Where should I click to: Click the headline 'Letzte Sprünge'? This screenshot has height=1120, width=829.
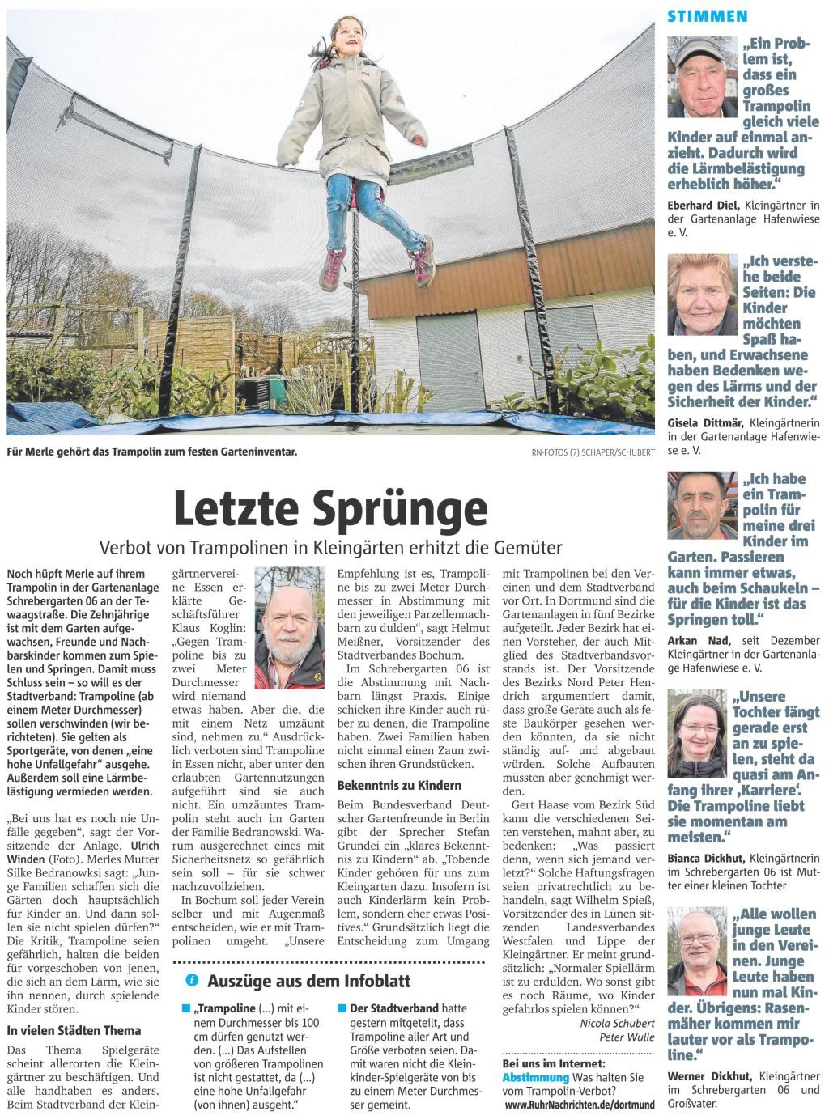point(330,507)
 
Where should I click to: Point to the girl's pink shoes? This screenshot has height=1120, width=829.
point(376,265)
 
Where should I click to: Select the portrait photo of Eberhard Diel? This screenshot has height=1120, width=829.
point(702,77)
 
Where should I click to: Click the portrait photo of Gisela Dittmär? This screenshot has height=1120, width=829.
point(702,295)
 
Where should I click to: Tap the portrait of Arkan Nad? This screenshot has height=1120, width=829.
point(702,506)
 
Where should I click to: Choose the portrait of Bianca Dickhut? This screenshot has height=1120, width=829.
point(697,733)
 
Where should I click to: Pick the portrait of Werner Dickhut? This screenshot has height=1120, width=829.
point(697,952)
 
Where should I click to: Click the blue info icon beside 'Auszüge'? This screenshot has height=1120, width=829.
point(192,980)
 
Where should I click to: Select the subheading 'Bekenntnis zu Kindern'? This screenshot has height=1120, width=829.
point(399,785)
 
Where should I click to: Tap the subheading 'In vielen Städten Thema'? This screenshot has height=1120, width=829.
point(74,1030)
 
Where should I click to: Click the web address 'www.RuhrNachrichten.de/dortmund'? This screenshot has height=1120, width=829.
point(580,1104)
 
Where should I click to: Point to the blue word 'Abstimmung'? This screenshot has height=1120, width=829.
point(535,1077)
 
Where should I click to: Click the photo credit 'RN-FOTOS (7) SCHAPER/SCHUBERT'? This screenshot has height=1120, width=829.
point(593,452)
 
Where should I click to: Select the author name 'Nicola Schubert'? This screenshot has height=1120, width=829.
point(617,1023)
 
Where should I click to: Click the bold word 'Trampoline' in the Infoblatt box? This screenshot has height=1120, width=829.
point(227,1008)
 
